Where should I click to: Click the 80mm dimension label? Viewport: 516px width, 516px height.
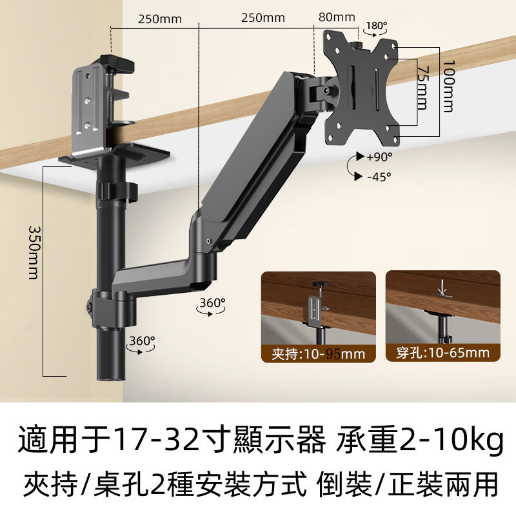pos(337,17)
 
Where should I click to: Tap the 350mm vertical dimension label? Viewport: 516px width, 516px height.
pos(34,252)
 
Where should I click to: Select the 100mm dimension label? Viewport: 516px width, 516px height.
pos(448,86)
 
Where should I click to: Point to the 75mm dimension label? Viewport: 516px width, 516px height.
pos(423,88)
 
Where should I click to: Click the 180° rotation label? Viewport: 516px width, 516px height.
pos(377,26)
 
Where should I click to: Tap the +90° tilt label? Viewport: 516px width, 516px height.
pos(379,157)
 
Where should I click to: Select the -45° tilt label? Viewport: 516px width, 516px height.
pos(379,177)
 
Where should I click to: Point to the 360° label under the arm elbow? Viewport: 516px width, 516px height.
pos(213,303)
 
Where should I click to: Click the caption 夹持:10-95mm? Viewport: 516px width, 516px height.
pos(318,354)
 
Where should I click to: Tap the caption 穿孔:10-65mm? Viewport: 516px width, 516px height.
pos(442,353)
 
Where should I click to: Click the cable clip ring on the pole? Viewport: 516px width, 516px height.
pos(117,192)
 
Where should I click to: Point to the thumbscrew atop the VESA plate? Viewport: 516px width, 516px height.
pos(357,45)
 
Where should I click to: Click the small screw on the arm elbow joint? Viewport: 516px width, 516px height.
pos(208,241)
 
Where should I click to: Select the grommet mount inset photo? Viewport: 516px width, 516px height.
pos(443,316)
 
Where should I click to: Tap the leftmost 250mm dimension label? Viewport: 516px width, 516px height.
pos(159,19)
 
